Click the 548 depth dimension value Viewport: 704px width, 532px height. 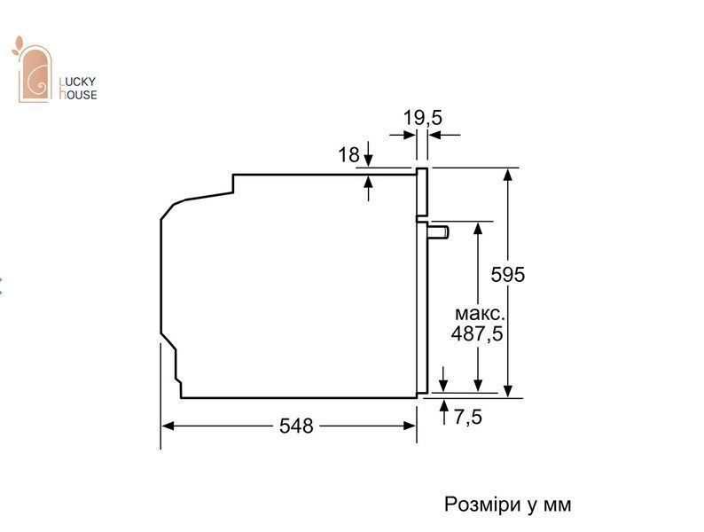(x=296, y=426)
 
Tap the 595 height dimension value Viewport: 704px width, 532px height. (x=507, y=274)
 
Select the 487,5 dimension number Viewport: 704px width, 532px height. (x=477, y=333)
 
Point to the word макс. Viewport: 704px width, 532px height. (x=480, y=313)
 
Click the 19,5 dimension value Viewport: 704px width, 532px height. (x=423, y=118)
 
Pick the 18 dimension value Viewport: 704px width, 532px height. (x=348, y=155)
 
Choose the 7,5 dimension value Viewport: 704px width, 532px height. (x=467, y=417)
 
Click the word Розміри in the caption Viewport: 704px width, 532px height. (x=481, y=505)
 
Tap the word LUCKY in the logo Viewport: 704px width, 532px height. (x=78, y=82)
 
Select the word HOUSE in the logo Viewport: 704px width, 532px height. (x=78, y=94)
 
